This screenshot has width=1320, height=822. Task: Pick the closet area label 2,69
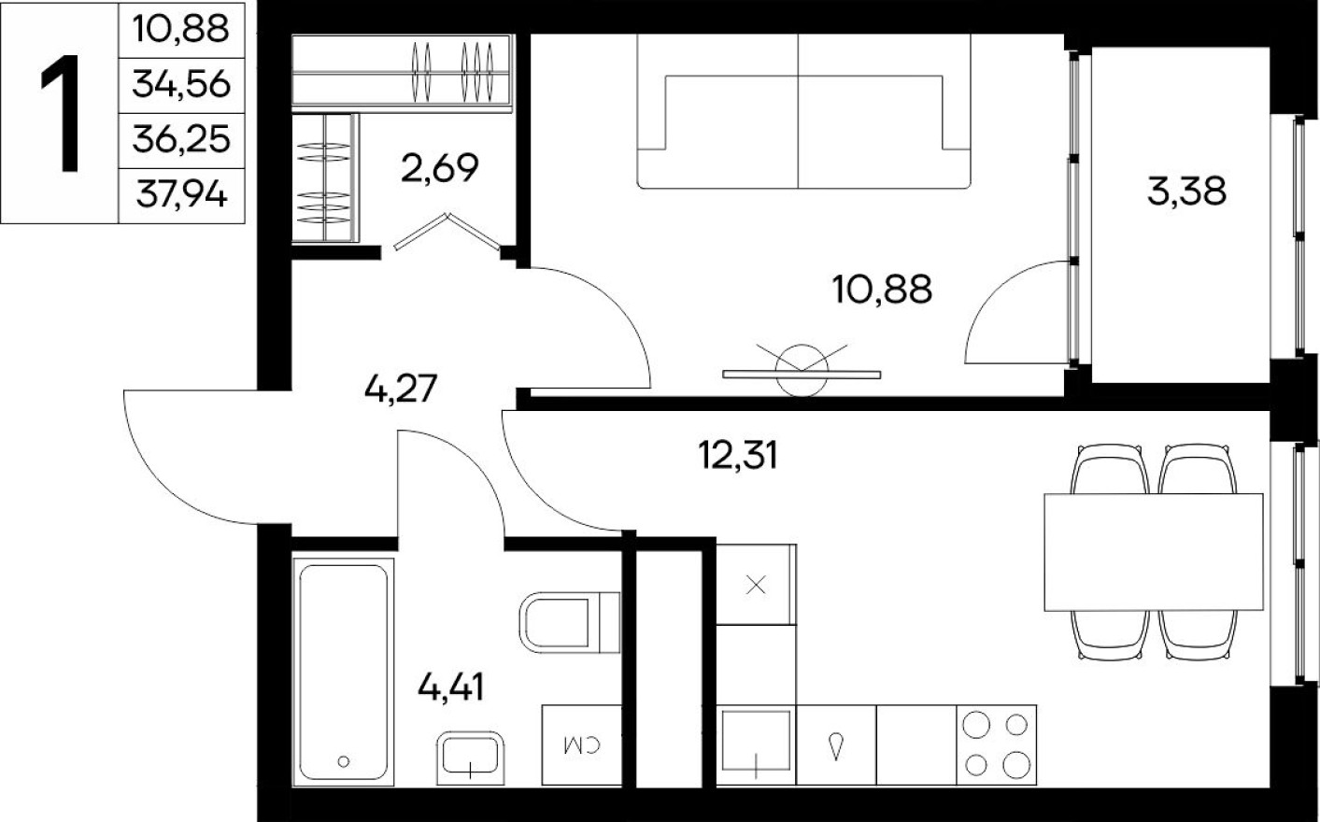point(439,168)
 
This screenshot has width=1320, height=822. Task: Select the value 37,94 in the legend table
point(181,196)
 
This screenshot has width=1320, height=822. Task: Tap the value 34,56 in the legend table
point(181,85)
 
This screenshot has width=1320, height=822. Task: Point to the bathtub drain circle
point(345,761)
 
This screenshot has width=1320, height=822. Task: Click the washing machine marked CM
point(581,744)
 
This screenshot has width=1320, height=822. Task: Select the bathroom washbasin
point(471,755)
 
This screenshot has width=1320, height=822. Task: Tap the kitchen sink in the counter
point(756,744)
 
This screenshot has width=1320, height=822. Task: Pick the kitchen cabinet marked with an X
point(756,586)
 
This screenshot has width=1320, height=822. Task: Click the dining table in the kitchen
point(1154,552)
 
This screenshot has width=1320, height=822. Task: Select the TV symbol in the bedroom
point(802,372)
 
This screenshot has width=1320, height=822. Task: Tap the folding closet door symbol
point(446,234)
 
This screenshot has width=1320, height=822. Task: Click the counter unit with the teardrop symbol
point(836,744)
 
